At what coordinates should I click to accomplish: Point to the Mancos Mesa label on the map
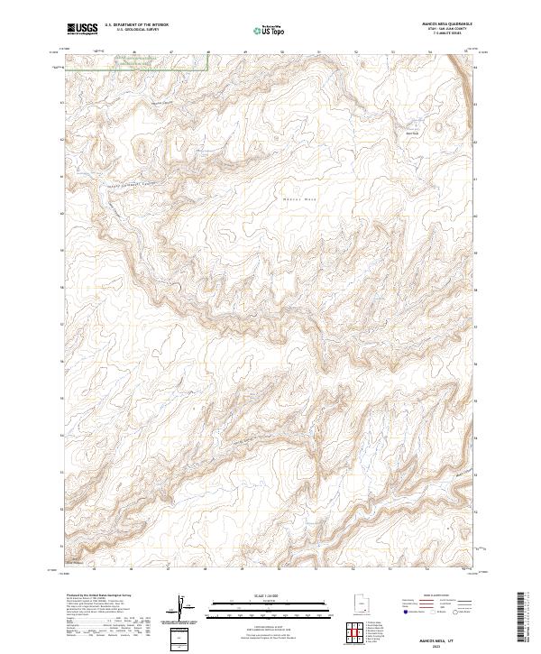pyautogui.click(x=301, y=198)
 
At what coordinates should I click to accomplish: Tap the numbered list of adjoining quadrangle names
pyautogui.click(x=376, y=633)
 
